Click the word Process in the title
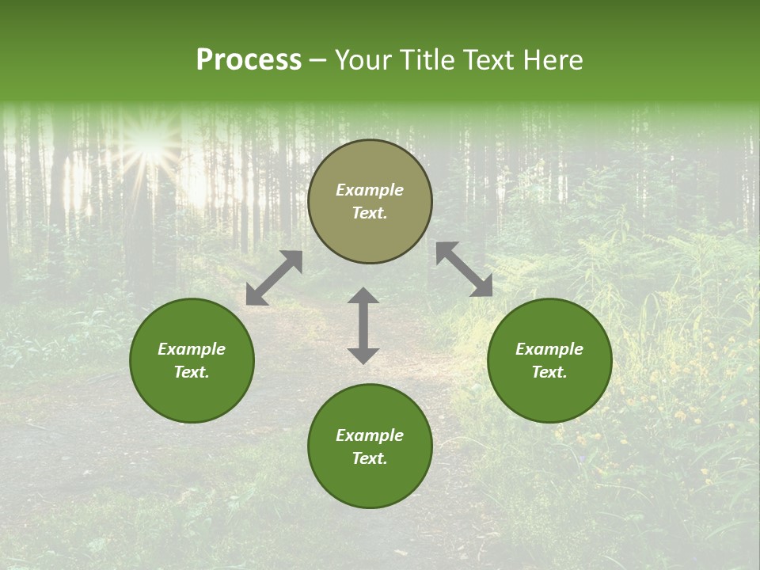click(x=249, y=60)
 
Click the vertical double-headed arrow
click(x=363, y=325)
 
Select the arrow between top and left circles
click(x=274, y=278)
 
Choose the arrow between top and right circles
click(x=464, y=269)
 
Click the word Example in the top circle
click(x=370, y=190)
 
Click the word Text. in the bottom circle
click(x=370, y=458)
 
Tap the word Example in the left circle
click(x=192, y=349)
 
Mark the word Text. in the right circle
click(x=549, y=372)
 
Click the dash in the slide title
click(x=317, y=60)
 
